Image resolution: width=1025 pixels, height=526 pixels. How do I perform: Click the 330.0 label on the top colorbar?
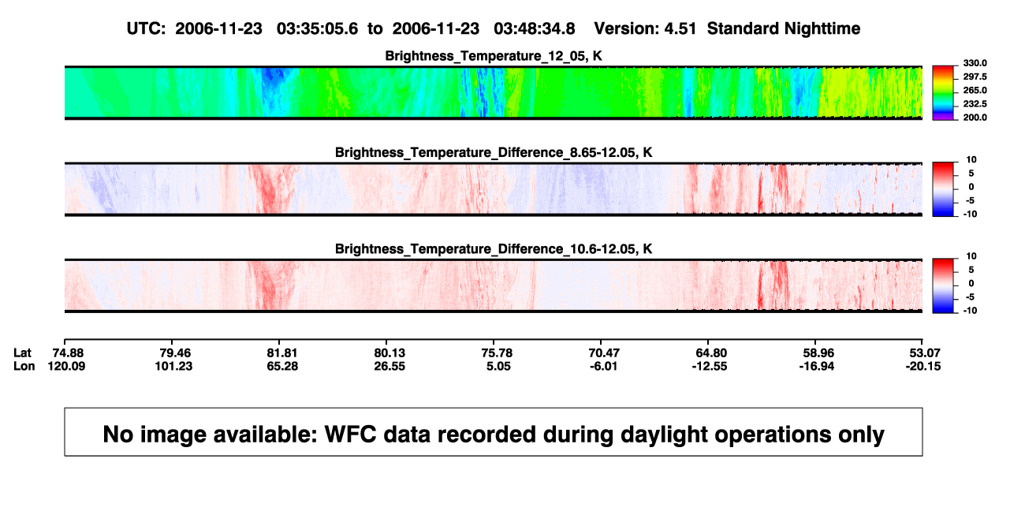pos(975,63)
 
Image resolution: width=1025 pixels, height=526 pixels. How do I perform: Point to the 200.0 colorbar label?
pos(975,118)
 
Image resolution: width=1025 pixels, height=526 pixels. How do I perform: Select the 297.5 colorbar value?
pos(975,77)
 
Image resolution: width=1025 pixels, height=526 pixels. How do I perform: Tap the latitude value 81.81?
pos(282,353)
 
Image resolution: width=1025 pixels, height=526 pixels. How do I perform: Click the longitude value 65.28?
pos(282,366)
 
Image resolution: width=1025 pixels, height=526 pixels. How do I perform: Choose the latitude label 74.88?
pos(68,353)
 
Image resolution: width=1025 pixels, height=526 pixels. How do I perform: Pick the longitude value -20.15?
pos(923,366)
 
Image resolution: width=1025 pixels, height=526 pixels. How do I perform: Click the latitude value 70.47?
pos(604,353)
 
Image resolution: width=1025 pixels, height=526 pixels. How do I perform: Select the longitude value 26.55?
pos(389,366)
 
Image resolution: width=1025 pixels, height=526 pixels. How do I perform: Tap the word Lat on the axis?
pos(22,353)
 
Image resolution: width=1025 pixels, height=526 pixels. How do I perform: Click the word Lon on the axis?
pos(24,366)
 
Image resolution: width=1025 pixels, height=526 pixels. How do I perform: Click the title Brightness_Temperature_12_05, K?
pos(494,56)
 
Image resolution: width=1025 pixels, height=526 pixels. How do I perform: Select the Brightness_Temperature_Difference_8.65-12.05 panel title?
pos(494,152)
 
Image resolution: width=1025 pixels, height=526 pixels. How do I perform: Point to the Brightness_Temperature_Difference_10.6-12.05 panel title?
pos(494,249)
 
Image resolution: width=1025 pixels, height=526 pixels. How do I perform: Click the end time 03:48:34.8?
pos(535,28)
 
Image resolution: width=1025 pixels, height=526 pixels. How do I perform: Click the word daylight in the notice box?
pos(664,435)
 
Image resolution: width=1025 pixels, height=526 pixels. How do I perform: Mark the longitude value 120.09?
pos(66,366)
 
